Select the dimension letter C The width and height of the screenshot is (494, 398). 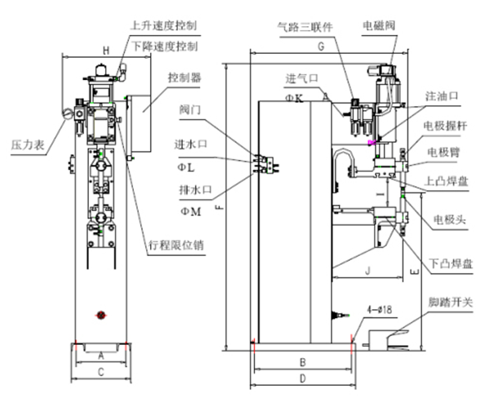click(100, 372)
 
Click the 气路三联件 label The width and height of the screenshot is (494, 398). click(305, 26)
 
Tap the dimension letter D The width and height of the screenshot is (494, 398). click(302, 378)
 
